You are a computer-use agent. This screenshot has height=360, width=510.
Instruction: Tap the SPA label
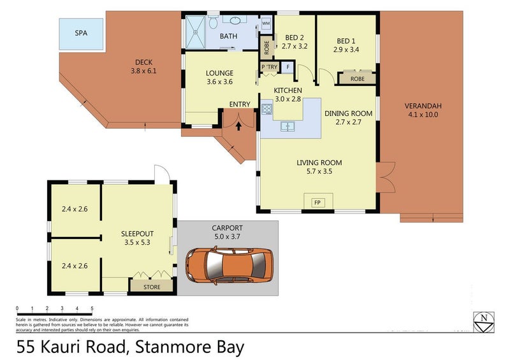[81, 32]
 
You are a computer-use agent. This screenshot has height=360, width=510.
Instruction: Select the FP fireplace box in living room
[317, 202]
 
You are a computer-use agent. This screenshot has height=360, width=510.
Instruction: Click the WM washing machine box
[266, 23]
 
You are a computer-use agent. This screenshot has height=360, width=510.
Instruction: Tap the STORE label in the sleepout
[152, 285]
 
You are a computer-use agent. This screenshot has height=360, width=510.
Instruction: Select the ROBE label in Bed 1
[358, 79]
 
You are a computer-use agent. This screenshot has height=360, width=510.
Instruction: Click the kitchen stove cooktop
[265, 109]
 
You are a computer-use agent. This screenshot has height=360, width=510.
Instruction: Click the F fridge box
[288, 67]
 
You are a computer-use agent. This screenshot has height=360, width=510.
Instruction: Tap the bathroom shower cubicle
[199, 32]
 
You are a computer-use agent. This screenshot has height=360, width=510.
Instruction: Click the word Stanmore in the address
[166, 347]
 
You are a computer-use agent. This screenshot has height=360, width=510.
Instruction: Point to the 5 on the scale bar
[92, 308]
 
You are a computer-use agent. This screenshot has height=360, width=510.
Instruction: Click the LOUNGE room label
[220, 73]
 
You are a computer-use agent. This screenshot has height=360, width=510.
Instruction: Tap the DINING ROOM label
[348, 113]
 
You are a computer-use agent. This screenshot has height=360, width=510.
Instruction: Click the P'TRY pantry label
[267, 67]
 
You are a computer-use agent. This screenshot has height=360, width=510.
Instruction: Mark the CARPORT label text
[228, 228]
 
